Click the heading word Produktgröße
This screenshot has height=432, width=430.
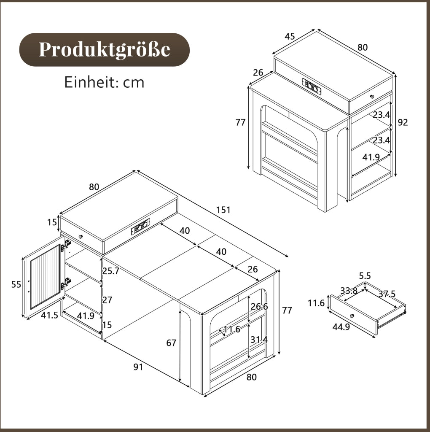pos(104,50)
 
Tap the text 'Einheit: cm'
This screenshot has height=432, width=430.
pos(104,82)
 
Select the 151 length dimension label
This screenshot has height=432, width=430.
pos(223,210)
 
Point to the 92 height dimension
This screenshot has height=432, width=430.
pos(403,122)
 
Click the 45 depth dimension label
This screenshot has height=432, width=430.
pos(290,36)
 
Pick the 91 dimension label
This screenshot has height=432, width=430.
pos(138,367)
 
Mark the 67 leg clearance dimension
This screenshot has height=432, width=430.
pos(171,343)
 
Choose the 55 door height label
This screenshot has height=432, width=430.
pos(16,284)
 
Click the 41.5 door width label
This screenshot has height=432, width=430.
pos(50,315)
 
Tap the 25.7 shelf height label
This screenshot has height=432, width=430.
pos(111,271)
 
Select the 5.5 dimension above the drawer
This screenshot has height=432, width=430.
pos(365,276)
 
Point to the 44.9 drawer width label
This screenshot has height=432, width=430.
pos(341,327)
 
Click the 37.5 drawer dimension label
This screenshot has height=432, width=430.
pos(387,294)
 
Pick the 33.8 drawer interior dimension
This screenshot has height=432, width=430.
pos(349,290)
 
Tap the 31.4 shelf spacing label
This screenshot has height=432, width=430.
pos(259,340)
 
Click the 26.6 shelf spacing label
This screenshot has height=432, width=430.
pos(259,306)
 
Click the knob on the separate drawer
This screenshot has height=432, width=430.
pos(352,316)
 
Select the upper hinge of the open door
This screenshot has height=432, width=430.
pos(66,245)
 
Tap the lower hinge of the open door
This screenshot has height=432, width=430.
pos(66,283)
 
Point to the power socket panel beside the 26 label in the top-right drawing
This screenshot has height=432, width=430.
pos(312,86)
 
